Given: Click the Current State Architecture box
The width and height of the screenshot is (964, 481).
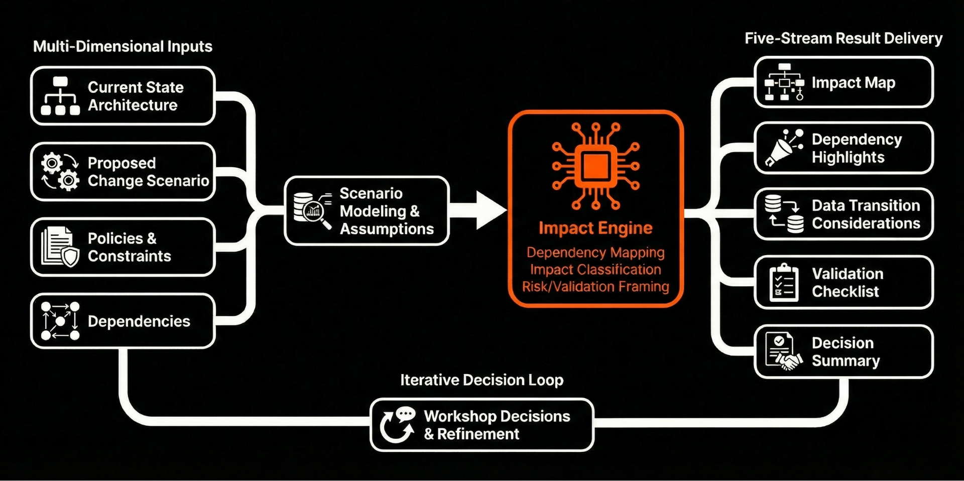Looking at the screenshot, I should (123, 96).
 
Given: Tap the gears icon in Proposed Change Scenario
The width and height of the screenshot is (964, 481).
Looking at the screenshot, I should (60, 172).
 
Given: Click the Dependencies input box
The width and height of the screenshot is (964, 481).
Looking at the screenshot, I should (123, 321).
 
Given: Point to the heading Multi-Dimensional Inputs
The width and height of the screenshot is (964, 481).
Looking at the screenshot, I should (123, 47).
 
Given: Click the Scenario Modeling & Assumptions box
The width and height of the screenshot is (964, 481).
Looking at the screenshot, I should (367, 211).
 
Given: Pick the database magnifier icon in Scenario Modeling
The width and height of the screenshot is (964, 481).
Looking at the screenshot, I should (312, 210).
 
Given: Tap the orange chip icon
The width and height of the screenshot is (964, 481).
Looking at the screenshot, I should (595, 166).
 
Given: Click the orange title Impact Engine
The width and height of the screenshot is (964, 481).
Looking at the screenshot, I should (595, 228).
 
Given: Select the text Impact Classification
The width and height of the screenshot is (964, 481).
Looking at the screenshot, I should (595, 270).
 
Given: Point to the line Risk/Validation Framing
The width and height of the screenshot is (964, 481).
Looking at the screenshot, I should (595, 287).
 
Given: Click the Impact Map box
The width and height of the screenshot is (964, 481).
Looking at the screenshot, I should (843, 82).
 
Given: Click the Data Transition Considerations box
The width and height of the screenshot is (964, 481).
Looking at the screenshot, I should (843, 214).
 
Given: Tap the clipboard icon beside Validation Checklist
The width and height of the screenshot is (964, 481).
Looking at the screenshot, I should (784, 283).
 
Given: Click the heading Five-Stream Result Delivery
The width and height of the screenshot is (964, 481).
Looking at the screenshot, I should (843, 39).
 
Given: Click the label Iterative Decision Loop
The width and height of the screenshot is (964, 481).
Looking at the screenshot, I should (481, 380).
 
